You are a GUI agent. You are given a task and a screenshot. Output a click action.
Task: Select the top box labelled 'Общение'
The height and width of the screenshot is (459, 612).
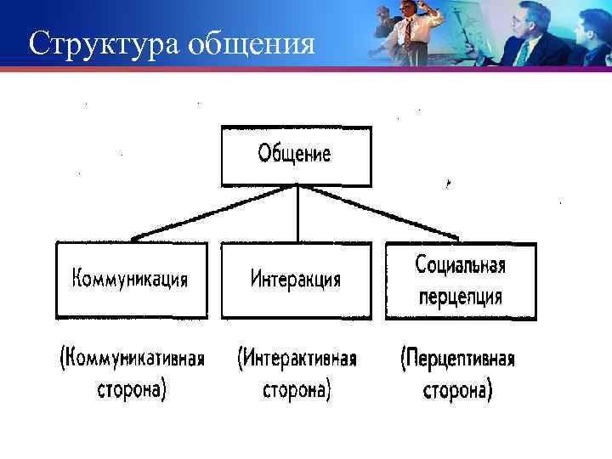[x=296, y=156]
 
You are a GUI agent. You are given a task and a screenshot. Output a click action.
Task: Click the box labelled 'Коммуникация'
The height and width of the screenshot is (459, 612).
[x=131, y=280]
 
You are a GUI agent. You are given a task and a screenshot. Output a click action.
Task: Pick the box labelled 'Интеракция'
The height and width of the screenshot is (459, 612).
[x=296, y=280]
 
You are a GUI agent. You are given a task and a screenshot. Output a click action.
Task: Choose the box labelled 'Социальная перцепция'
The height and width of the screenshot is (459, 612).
[x=461, y=280]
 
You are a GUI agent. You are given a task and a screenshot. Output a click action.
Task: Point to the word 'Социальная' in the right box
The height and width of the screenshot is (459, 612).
[x=461, y=265]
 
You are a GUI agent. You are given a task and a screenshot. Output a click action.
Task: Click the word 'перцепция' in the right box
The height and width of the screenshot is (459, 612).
[x=460, y=297]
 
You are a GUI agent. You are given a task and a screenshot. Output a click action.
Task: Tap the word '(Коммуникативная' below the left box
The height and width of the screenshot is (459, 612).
[x=132, y=358]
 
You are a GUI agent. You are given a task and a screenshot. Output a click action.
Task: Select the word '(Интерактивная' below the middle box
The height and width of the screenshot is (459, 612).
[x=297, y=358]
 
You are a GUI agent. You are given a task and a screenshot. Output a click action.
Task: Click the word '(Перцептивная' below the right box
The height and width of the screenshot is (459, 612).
[x=457, y=358]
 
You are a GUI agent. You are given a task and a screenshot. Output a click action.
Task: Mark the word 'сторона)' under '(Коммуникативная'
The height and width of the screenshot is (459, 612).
[x=131, y=390]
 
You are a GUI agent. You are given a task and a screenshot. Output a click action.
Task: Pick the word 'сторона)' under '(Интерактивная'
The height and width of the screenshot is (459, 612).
[x=297, y=390]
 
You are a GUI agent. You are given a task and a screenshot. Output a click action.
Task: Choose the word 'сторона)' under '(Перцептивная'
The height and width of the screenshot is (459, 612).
[x=457, y=390]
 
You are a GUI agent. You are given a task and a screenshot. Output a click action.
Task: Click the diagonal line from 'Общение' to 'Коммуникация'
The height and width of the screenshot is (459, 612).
[x=212, y=212]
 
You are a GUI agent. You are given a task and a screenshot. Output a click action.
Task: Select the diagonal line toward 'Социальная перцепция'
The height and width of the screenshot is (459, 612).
[x=378, y=212]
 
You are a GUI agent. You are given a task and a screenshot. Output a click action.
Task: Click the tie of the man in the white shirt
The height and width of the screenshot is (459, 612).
[x=409, y=32]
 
